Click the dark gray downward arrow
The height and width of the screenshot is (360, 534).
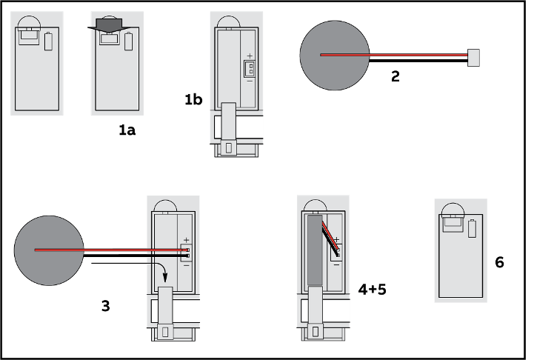point(109,25)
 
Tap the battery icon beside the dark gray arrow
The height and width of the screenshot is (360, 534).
point(128,41)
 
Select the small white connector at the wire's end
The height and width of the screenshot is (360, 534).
point(473,58)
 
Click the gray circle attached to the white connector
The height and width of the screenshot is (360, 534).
point(334,56)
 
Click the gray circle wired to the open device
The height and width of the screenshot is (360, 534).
point(49,250)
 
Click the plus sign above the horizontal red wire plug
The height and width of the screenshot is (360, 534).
point(186,239)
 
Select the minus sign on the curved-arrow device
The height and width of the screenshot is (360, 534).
point(186,264)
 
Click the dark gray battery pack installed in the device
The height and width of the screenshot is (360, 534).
point(315,250)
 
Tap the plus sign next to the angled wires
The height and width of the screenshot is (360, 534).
point(336,239)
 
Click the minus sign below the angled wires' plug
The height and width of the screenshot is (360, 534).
point(336,264)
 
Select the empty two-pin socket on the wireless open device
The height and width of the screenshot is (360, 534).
point(250,69)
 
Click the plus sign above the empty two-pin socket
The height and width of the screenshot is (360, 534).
point(250,56)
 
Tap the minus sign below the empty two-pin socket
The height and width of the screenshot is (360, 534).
point(250,81)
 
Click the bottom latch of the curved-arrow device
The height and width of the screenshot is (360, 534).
point(165,332)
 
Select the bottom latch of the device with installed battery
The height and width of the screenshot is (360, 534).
point(316,332)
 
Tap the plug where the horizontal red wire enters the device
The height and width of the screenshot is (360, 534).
point(186,252)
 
